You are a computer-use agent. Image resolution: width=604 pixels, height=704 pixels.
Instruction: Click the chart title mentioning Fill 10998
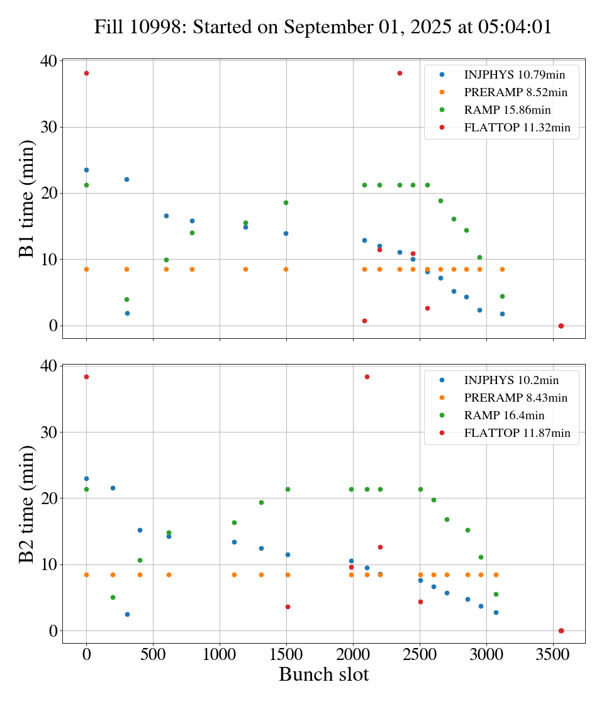point(323,27)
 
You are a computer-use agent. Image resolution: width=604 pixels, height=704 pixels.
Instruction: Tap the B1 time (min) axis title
point(27,199)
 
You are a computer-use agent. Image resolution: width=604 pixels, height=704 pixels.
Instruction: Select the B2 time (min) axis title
point(27,503)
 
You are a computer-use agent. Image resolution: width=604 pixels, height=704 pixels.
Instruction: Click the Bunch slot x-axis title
point(323,675)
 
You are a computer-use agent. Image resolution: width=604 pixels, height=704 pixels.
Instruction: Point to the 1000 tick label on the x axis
point(220,655)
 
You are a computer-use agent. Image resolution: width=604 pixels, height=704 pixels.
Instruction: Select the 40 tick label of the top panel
point(49,61)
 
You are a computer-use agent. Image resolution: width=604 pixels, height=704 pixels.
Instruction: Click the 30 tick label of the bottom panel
point(49,432)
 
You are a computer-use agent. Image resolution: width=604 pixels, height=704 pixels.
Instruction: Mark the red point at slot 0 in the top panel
point(86,73)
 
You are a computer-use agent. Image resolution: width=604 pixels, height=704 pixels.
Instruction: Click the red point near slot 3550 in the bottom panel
point(561,630)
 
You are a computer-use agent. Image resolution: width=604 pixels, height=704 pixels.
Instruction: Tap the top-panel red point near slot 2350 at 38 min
point(400,73)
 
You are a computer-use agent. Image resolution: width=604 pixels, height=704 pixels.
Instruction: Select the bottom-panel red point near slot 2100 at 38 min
point(367,377)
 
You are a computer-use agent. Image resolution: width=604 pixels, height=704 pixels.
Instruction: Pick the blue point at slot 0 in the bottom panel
point(86,478)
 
